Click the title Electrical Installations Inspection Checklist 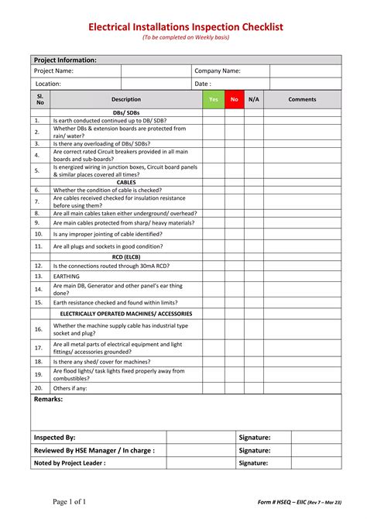pyautogui.click(x=185, y=27)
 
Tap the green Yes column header pyautogui.click(x=213, y=99)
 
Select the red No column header pyautogui.click(x=234, y=99)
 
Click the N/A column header pyautogui.click(x=254, y=99)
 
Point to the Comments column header pyautogui.click(x=302, y=99)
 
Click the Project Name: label pyautogui.click(x=53, y=70)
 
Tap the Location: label pyautogui.click(x=48, y=84)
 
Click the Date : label pyautogui.click(x=202, y=84)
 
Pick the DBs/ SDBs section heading pyautogui.click(x=125, y=112)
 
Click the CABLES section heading pyautogui.click(x=125, y=182)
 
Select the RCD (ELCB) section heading pyautogui.click(x=125, y=256)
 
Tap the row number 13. pyautogui.click(x=38, y=276)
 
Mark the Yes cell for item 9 pyautogui.click(x=213, y=222)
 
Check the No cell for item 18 pyautogui.click(x=234, y=361)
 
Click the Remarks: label pyautogui.click(x=48, y=399)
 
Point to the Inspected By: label pyautogui.click(x=54, y=438)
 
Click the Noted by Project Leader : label pyautogui.click(x=69, y=463)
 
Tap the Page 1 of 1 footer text pyautogui.click(x=69, y=501)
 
